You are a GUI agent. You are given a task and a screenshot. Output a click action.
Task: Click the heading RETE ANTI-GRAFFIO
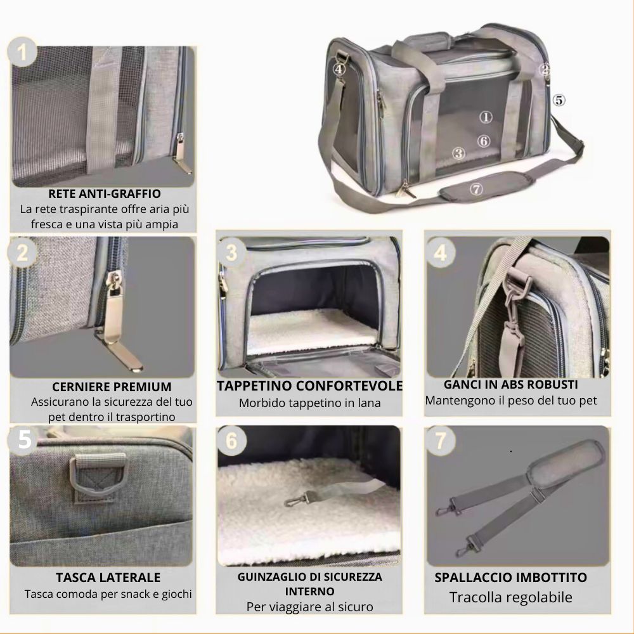(105, 193)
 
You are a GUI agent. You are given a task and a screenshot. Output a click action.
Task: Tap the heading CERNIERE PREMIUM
(112, 387)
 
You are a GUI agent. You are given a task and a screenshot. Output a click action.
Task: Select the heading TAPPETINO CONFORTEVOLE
(310, 385)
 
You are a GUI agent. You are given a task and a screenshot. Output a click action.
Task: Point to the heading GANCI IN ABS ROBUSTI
(510, 385)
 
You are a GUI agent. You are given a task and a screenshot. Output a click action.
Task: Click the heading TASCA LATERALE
(108, 578)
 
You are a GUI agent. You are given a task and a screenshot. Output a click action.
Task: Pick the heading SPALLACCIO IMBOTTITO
(510, 578)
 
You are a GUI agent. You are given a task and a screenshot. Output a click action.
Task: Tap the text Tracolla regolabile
(510, 597)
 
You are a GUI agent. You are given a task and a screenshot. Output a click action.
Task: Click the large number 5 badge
(24, 439)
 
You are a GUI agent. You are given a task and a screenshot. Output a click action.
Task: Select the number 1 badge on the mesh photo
(22, 52)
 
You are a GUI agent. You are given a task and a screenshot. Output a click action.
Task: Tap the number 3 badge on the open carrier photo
(231, 252)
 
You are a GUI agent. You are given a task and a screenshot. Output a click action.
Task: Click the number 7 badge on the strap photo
(441, 441)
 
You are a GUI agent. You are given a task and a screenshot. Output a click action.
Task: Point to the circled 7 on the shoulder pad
(476, 189)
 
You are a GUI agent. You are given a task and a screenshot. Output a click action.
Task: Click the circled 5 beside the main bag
(559, 100)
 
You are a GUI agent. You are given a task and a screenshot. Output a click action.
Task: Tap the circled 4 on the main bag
(339, 69)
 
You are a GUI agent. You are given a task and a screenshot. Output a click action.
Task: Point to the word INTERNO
(310, 592)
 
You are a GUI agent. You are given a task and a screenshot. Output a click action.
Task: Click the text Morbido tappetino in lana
(310, 403)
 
